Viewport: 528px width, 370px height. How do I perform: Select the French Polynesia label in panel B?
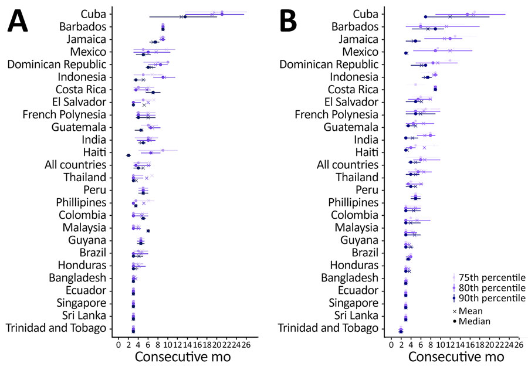[337, 114]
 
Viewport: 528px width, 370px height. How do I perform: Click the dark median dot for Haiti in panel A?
[128, 155]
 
